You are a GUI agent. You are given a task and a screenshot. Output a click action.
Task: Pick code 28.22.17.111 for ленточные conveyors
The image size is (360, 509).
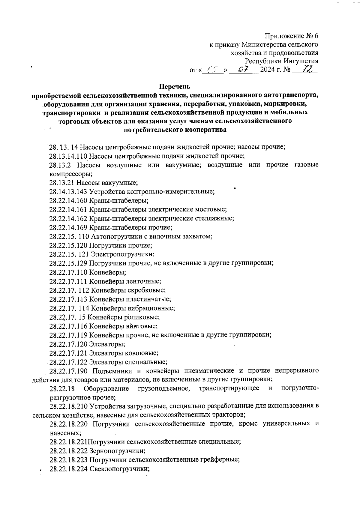point(68,281)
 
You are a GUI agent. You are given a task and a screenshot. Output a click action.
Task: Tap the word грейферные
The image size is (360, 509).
point(220,460)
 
